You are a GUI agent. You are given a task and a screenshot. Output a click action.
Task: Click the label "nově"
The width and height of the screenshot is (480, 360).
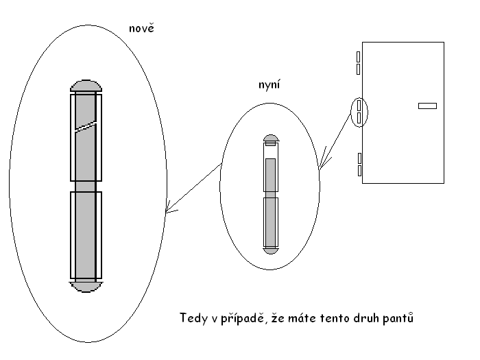coord(141,28)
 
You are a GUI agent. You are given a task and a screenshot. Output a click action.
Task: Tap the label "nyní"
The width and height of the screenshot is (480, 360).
coord(269,84)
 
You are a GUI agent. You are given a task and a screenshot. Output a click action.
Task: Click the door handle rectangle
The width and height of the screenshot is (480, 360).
coord(427,106)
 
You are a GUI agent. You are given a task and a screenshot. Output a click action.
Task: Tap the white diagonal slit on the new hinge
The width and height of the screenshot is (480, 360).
coord(86,126)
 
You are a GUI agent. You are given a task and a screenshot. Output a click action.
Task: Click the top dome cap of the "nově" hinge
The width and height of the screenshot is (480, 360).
coord(86,86)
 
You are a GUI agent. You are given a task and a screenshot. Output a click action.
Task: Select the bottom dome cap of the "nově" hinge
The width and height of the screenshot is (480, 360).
coord(86,287)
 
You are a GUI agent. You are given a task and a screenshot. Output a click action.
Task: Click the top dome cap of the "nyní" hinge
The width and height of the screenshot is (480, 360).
coord(271,139)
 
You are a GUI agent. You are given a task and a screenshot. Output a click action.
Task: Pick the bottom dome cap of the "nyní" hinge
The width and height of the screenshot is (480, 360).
coord(271,250)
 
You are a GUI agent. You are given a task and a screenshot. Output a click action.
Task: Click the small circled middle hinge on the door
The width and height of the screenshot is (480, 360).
coord(359,112)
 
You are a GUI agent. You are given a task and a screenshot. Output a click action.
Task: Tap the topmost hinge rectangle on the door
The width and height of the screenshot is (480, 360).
coord(359,57)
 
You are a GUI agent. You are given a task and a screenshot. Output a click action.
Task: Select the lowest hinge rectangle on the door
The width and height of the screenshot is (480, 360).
coord(359,171)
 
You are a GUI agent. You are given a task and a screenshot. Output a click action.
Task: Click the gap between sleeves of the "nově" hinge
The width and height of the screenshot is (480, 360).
coord(86,187)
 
